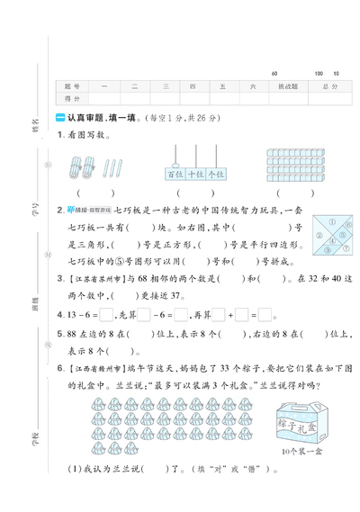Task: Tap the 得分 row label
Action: (x=72, y=98)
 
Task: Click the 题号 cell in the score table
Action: (x=72, y=86)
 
